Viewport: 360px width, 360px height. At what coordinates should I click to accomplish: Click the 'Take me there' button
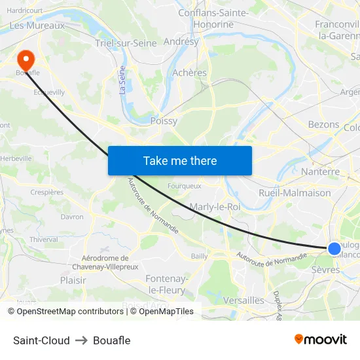coord(180,160)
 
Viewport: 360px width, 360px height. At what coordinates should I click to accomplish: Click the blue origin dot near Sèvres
coord(334,248)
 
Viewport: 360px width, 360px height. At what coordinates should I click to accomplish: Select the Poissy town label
coord(164,121)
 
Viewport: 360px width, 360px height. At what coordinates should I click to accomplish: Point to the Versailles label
coord(243,300)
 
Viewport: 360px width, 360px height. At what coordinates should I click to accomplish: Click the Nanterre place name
coord(320,171)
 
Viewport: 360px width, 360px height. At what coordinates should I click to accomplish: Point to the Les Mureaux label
coord(37,26)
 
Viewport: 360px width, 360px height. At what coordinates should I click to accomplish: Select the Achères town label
coord(189,73)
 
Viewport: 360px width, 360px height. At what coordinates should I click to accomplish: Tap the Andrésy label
coord(181,41)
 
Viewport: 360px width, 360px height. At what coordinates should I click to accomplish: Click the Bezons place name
coord(323,124)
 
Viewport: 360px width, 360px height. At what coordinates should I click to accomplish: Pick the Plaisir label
coord(73,280)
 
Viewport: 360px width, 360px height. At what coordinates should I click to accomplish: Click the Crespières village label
coord(47,192)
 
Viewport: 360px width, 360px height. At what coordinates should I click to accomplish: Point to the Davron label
coord(72,217)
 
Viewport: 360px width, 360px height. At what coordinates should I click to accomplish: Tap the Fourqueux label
coord(185,186)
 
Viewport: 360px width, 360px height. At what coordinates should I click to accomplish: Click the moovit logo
coord(321,340)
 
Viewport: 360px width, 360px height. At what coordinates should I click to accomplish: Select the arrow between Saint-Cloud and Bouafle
coord(81,340)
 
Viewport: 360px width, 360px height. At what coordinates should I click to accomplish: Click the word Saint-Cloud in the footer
coord(41,340)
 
